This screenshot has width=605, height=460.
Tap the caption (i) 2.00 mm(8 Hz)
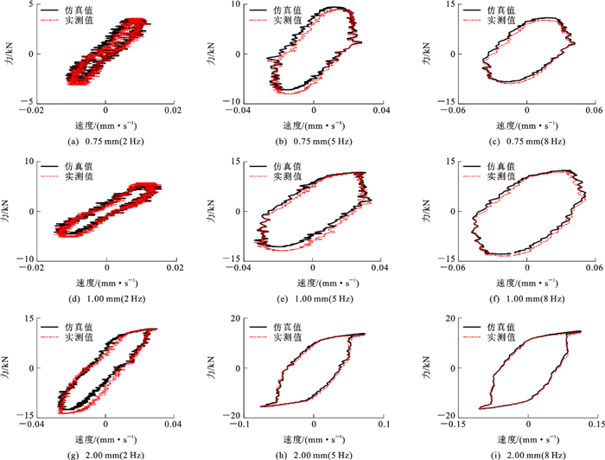[x=525, y=453]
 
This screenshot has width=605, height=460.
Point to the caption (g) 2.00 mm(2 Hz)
[x=105, y=453]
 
